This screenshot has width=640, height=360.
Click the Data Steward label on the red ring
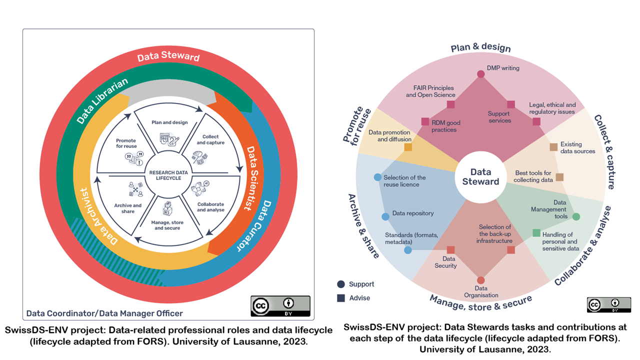coord(168,56)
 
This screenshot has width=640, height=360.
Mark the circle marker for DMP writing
coord(480,74)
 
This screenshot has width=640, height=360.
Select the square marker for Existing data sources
coord(553,147)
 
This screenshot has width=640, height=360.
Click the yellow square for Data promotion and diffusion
coord(408,147)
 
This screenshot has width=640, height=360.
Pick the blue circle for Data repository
coord(385,216)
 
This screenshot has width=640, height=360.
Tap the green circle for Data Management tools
coord(576,216)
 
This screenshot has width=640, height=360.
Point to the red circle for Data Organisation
coord(480,280)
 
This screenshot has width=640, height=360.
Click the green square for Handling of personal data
coord(536,232)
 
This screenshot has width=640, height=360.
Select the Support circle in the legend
coord(341,284)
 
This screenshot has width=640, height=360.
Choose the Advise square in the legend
coord(341,298)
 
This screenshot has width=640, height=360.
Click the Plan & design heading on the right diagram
coord(480,48)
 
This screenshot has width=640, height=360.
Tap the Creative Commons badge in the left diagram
coord(280,306)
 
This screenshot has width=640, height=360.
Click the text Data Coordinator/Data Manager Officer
coord(104,313)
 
